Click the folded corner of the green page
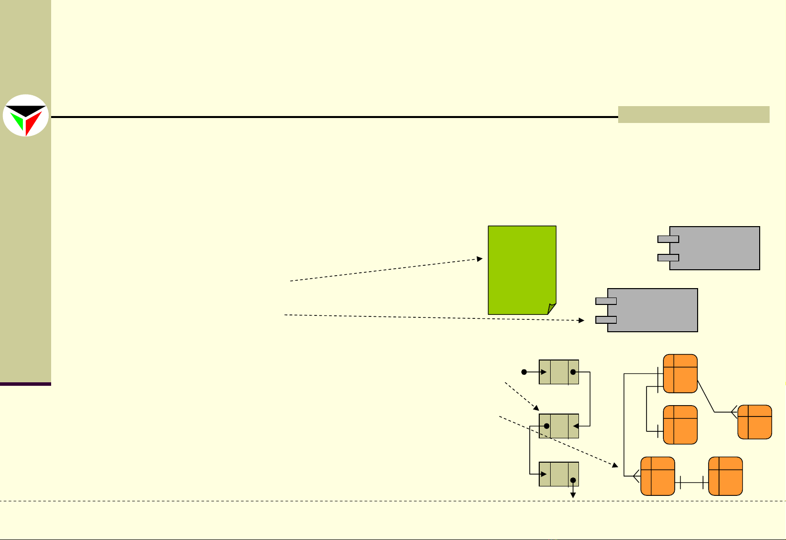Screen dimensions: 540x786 pyautogui.click(x=552, y=309)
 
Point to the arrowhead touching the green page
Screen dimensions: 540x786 pyautogui.click(x=480, y=259)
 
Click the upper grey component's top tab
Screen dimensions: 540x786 pyautogui.click(x=668, y=239)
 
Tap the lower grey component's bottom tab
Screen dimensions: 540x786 pyautogui.click(x=606, y=320)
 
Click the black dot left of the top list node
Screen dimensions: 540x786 pyautogui.click(x=524, y=372)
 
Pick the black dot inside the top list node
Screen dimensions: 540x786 pyautogui.click(x=573, y=372)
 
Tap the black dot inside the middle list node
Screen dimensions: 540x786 pyautogui.click(x=547, y=426)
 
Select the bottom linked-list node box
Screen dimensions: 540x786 pyautogui.click(x=559, y=474)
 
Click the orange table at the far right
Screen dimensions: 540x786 pyautogui.click(x=755, y=422)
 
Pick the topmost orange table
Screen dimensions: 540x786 pyautogui.click(x=680, y=373)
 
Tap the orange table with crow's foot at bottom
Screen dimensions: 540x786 pyautogui.click(x=657, y=476)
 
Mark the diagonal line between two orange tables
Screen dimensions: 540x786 pyautogui.click(x=706, y=396)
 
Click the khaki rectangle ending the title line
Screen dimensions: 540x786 pyautogui.click(x=693, y=115)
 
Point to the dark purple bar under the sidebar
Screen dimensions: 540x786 pyautogui.click(x=25, y=384)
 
